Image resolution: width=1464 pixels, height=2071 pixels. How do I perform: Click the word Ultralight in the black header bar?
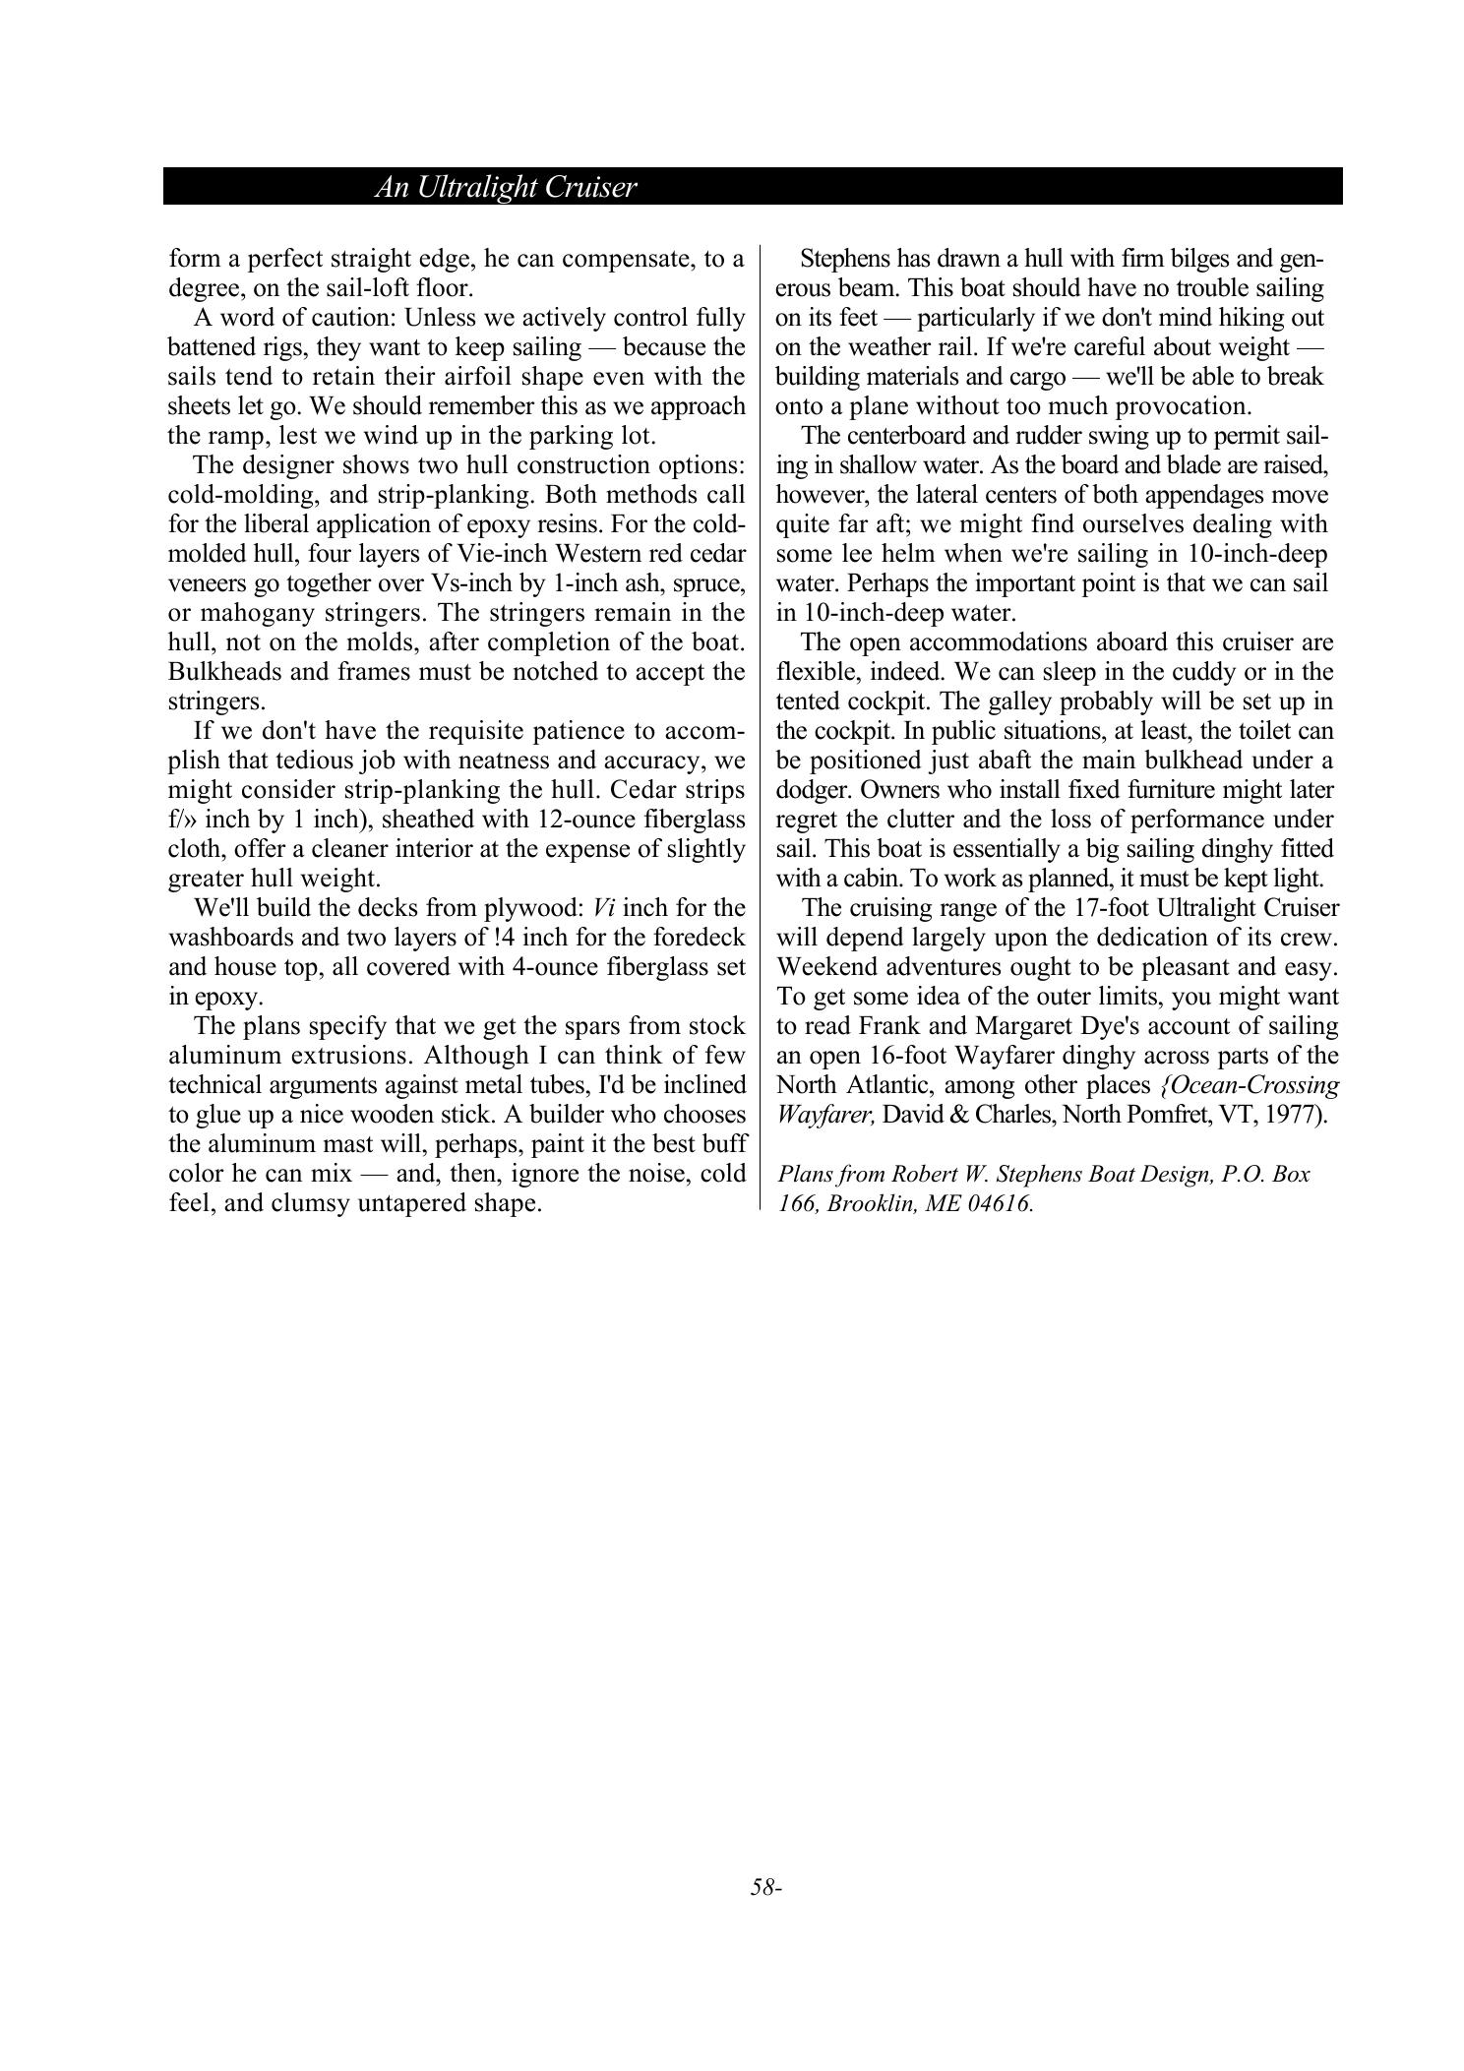click(477, 187)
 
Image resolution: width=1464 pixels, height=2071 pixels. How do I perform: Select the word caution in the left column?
click(350, 318)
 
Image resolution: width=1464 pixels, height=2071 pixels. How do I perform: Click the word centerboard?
click(903, 436)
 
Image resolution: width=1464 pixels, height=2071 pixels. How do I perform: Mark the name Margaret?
click(992, 1026)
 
